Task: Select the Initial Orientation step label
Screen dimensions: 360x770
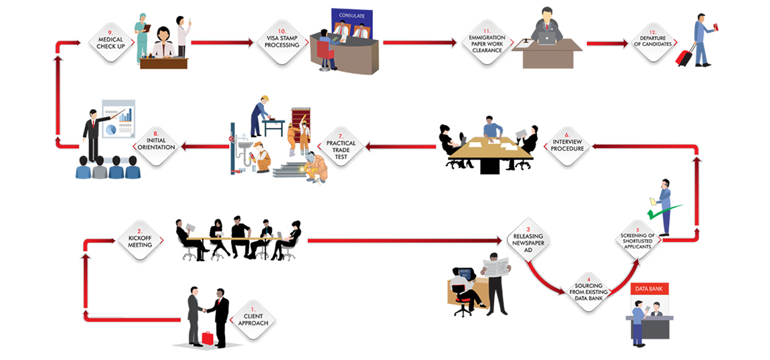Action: coord(156,144)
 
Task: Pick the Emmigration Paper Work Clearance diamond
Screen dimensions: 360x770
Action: coord(487,43)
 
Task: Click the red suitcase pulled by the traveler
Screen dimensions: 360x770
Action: coord(684,58)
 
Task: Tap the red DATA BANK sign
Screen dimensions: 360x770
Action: coord(649,289)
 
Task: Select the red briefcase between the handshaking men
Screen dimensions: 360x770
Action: coord(208,338)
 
